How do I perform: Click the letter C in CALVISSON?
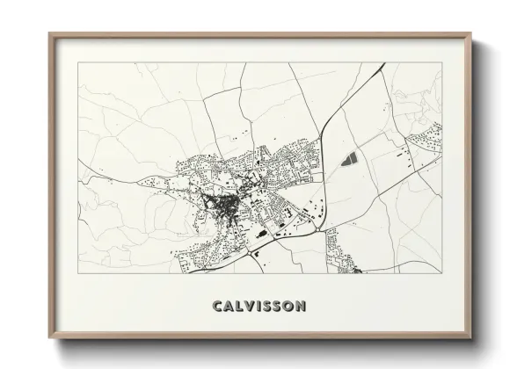216,306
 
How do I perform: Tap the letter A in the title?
228,306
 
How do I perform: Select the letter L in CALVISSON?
239,306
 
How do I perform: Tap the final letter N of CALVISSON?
302,306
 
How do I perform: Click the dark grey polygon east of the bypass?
350,161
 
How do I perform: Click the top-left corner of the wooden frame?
49,33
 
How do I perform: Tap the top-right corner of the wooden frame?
470,33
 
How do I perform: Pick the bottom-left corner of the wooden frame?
49,338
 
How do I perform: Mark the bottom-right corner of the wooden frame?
470,338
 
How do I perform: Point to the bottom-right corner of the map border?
441,273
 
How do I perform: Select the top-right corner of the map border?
441,62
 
